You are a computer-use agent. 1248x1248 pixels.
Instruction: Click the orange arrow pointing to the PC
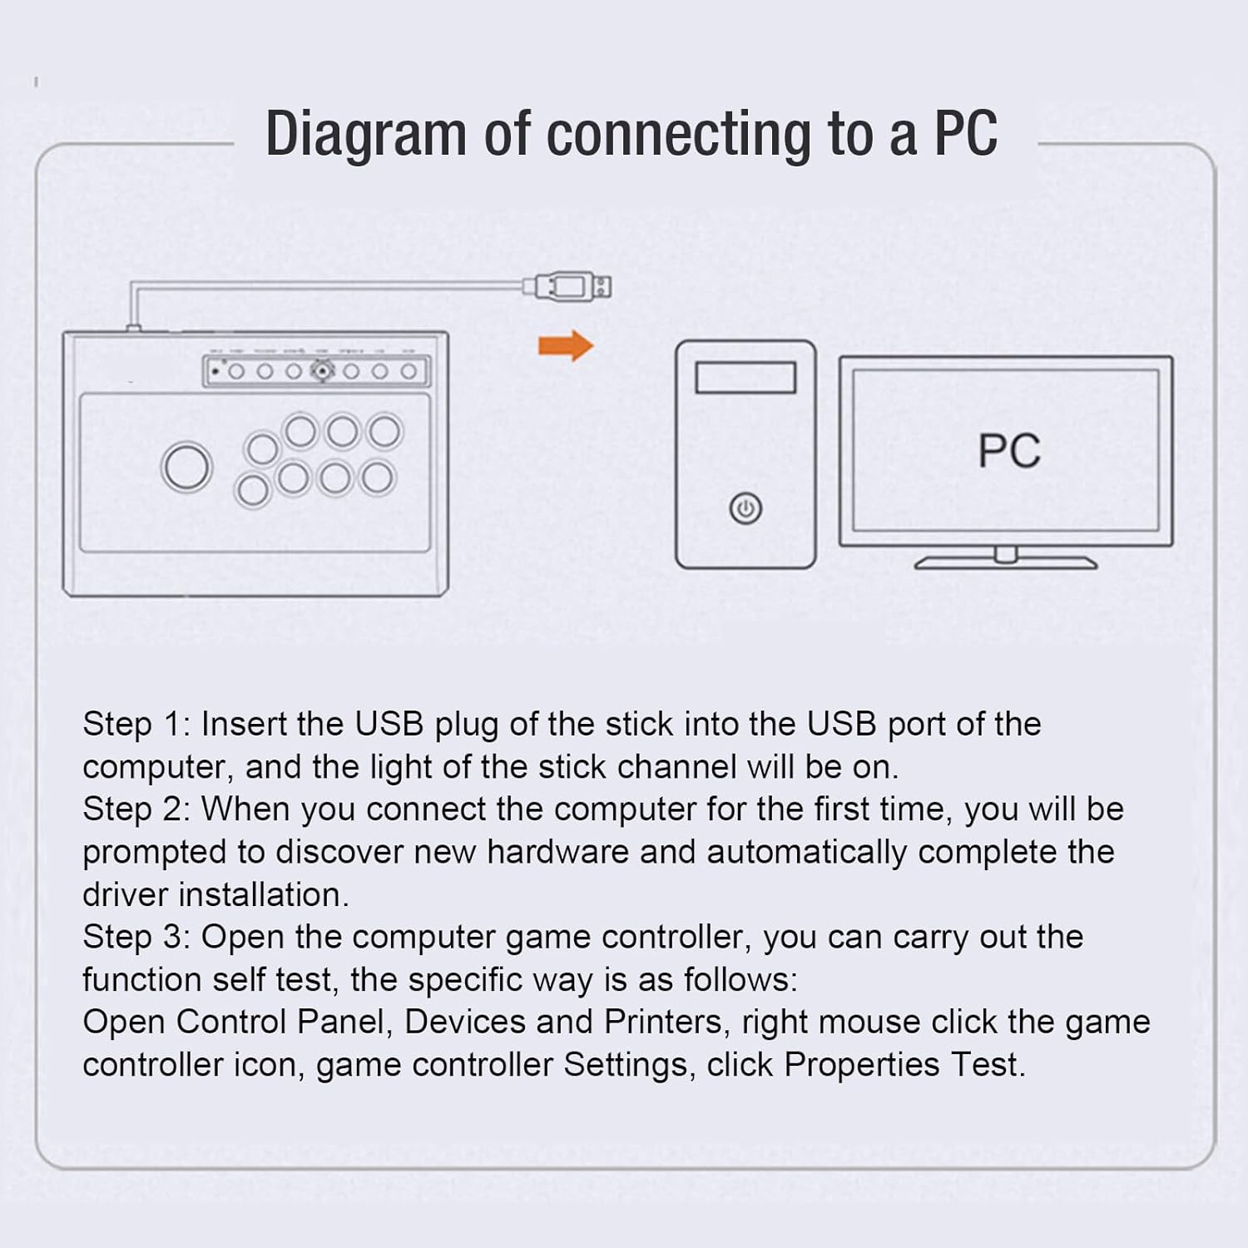click(566, 345)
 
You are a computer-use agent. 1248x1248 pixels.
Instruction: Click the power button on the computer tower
click(745, 508)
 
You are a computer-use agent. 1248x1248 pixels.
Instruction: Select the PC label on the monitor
click(1008, 451)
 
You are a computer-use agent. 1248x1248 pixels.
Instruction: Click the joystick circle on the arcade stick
click(186, 466)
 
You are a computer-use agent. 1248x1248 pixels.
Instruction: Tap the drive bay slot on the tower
click(745, 378)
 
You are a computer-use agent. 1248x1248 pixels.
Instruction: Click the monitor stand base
click(1005, 563)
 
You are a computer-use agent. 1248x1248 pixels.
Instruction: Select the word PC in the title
click(965, 133)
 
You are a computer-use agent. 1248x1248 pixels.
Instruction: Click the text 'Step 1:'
click(136, 725)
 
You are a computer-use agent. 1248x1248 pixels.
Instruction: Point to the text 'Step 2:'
click(136, 810)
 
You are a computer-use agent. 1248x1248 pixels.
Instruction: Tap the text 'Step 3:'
click(136, 938)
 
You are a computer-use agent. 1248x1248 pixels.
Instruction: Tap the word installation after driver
click(263, 895)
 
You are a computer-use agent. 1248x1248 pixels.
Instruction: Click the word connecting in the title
click(677, 135)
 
